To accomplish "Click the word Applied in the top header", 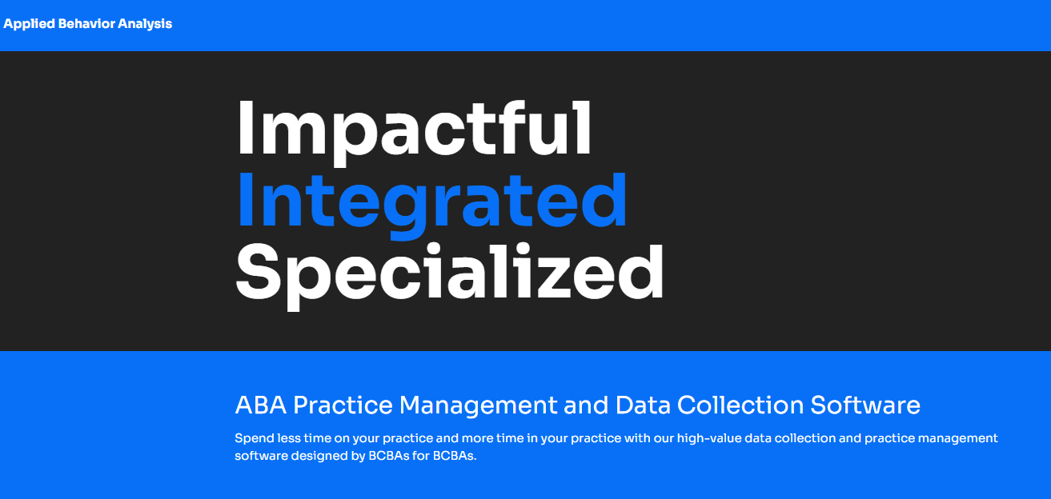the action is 29,24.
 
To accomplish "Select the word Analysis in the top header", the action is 145,24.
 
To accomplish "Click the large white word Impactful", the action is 415,132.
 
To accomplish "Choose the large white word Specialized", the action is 450,277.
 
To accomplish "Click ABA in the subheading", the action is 260,405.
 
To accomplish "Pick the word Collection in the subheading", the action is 740,405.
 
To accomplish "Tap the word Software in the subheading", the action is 865,405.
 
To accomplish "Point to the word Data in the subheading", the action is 643,405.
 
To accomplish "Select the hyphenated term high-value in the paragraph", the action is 708,439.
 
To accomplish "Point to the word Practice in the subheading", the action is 343,405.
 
